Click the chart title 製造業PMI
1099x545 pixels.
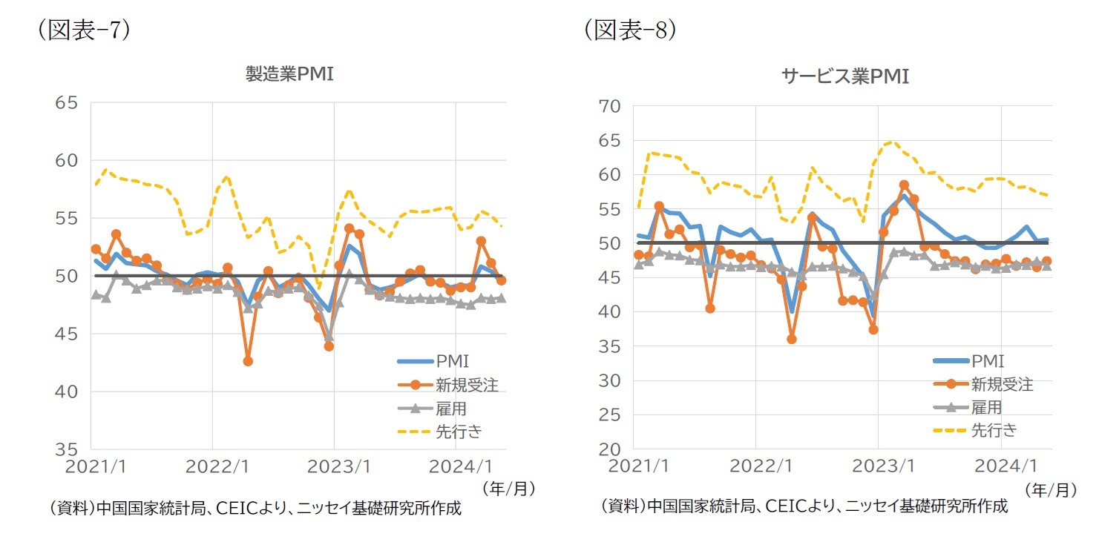point(289,74)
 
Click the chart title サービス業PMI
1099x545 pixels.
point(845,76)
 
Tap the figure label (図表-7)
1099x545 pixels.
point(84,32)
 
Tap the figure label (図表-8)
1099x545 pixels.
point(630,32)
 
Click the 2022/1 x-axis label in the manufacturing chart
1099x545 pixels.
point(212,468)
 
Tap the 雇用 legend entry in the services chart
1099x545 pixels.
point(986,407)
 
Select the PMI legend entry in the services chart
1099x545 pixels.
point(986,362)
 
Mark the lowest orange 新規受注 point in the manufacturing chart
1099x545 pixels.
point(248,361)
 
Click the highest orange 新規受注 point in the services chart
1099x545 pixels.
point(904,185)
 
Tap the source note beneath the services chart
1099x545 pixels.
point(804,506)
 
